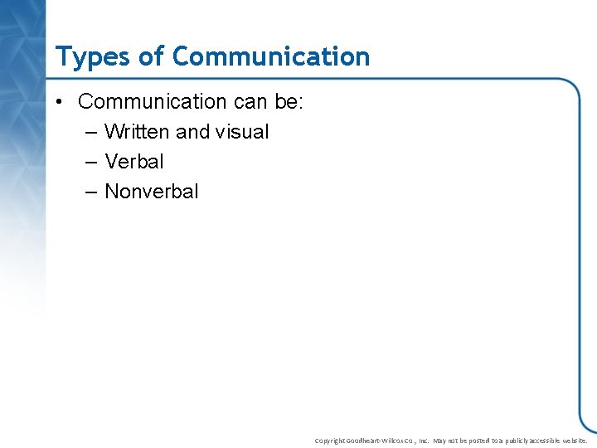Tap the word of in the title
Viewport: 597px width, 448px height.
pyautogui.click(x=150, y=56)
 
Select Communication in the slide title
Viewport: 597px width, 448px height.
pyautogui.click(x=271, y=56)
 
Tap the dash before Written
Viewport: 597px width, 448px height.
pyautogui.click(x=91, y=132)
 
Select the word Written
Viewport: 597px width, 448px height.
pyautogui.click(x=138, y=132)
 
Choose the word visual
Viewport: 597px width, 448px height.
pyautogui.click(x=242, y=132)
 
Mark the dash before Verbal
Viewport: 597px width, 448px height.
pyautogui.click(x=91, y=162)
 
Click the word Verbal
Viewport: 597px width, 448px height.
pyautogui.click(x=134, y=162)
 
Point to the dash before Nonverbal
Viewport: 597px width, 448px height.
pyautogui.click(x=91, y=192)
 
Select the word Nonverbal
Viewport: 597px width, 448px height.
pyautogui.click(x=152, y=192)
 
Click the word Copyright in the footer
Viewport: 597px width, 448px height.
pyautogui.click(x=329, y=441)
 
